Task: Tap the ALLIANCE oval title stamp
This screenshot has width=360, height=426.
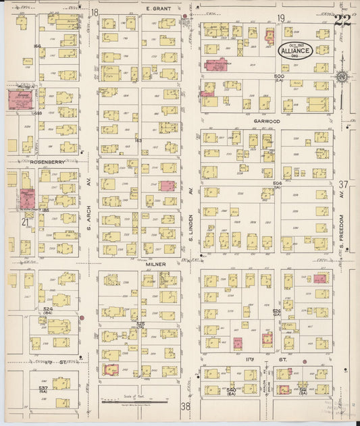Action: (x=296, y=51)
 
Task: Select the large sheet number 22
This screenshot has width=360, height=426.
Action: (x=342, y=22)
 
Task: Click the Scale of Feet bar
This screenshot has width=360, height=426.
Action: (x=138, y=400)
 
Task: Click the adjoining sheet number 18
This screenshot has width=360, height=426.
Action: (x=95, y=12)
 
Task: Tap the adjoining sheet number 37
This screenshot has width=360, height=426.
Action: (x=343, y=184)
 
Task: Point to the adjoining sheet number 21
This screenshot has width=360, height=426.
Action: (x=25, y=221)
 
